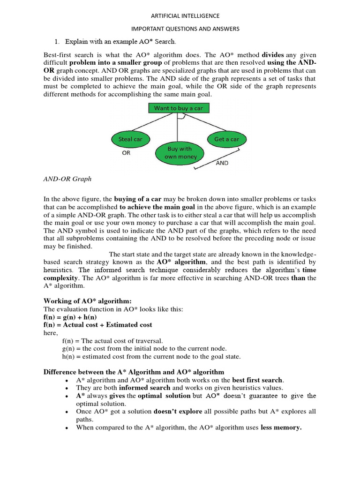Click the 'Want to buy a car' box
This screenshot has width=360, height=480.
click(x=179, y=108)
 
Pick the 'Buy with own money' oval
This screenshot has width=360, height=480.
click(x=180, y=152)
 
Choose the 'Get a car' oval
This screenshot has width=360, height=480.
click(x=226, y=139)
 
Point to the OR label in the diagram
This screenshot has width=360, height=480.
click(x=126, y=153)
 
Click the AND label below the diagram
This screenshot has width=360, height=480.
click(x=222, y=163)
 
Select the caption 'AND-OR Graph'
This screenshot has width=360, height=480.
click(x=67, y=179)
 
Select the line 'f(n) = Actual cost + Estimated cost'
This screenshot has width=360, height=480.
click(x=97, y=325)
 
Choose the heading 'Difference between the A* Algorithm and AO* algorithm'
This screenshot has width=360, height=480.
click(x=134, y=372)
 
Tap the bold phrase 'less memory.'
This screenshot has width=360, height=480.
click(x=281, y=427)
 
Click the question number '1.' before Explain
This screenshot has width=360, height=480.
click(x=59, y=42)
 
